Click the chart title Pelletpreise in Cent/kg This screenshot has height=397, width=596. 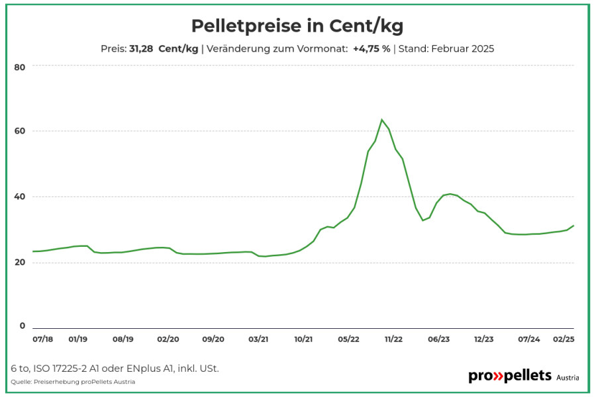coord(297,26)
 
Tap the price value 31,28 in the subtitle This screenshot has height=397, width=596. coord(141,48)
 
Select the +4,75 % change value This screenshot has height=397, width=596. coord(372,48)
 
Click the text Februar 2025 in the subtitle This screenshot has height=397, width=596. coord(463,48)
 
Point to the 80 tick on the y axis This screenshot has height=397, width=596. coord(20,67)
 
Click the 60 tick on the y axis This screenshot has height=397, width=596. coord(20,131)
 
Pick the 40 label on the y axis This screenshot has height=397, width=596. coord(20,197)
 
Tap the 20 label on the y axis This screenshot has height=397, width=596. coord(20,263)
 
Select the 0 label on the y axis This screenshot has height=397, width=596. coord(23,326)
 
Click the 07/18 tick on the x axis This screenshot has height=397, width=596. coord(42,339)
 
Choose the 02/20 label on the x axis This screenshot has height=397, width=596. coord(168,339)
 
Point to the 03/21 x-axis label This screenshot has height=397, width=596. coord(258,339)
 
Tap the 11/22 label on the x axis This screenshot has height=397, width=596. coord(393,339)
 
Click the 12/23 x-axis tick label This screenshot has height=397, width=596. coord(484,339)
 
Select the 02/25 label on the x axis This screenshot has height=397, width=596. coord(564,339)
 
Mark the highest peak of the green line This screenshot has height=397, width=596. coord(381,120)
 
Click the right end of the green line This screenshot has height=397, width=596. coord(573,226)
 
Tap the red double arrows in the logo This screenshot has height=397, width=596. coord(498,376)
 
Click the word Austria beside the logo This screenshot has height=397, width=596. coord(568,378)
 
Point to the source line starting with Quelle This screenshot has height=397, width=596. coord(73,382)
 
